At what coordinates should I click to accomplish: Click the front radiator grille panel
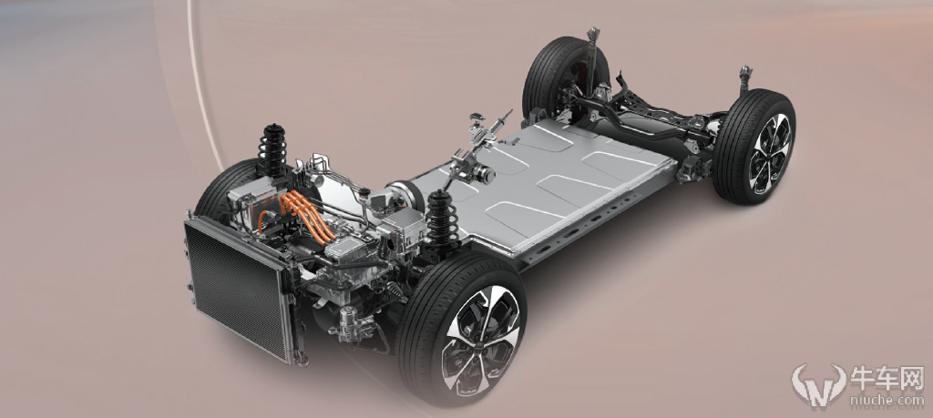point(238,288)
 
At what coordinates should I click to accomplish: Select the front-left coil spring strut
point(272,150)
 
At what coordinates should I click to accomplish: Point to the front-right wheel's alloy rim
point(480,341)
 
